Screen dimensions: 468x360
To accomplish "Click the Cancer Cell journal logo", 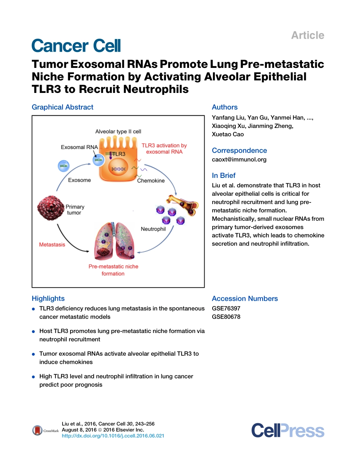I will coord(76,46).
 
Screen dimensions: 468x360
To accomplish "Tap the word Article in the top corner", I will coord(307,35).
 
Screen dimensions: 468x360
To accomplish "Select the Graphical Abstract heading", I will coord(63,107).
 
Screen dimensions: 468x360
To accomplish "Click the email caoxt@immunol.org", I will coord(239,159).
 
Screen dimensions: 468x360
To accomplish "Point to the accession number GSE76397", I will coord(226,308).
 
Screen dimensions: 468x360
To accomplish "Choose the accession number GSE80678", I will coord(226,317).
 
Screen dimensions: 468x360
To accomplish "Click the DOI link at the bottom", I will coord(113,436).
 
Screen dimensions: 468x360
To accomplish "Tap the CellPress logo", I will coord(288,431).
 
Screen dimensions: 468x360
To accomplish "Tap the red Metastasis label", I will coord(52,245).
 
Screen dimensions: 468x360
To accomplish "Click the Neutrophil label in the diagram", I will coord(153,229).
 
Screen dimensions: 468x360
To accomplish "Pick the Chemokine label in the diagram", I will coord(151,181).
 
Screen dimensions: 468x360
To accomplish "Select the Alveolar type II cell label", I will coord(118,131).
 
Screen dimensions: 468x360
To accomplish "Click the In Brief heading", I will coord(224,175).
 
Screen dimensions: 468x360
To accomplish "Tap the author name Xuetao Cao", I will coord(228,134).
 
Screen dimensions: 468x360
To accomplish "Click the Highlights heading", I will coord(48,298).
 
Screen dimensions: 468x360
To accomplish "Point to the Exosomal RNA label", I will coord(79,147).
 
